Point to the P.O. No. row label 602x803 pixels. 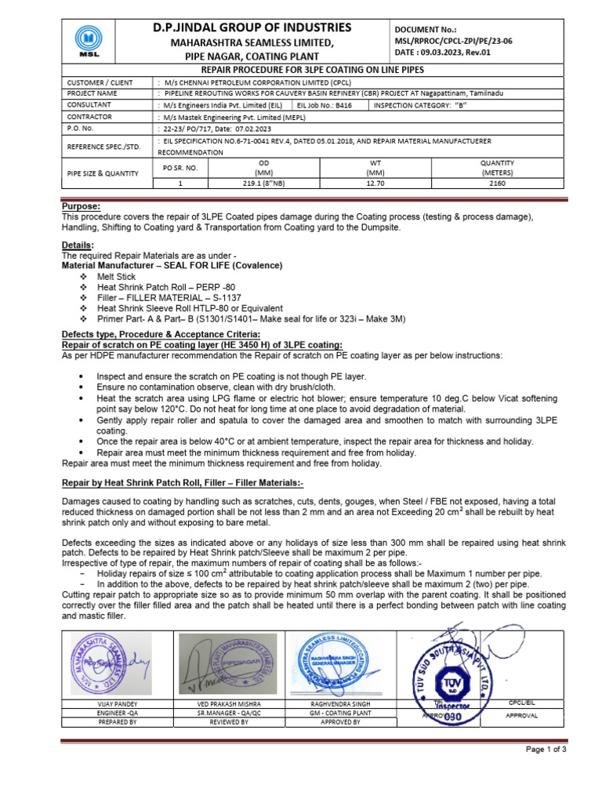81,127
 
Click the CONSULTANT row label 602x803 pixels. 89,104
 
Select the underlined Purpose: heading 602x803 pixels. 82,206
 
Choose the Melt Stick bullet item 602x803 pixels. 116,277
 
